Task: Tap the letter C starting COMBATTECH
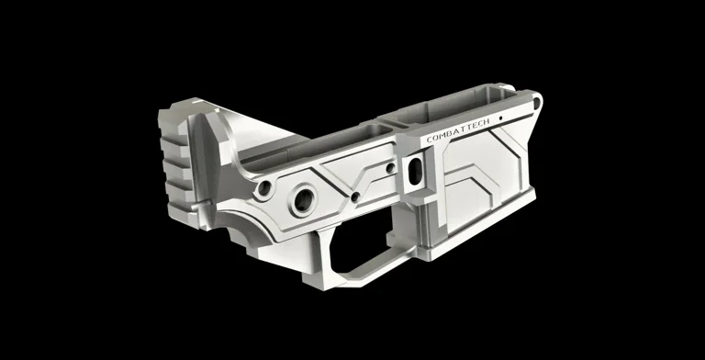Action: [x=429, y=140]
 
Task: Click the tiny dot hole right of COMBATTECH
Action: [x=500, y=118]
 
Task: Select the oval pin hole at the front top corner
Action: [x=536, y=103]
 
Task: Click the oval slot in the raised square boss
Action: [x=416, y=169]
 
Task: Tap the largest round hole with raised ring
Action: [x=303, y=200]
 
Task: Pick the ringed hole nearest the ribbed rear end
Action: [x=264, y=187]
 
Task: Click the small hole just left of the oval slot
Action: [x=390, y=168]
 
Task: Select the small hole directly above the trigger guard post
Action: [x=354, y=197]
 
